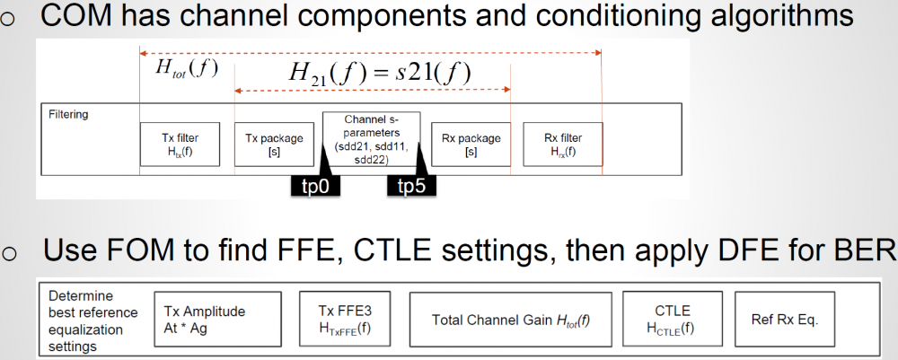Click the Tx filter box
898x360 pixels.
tap(180, 144)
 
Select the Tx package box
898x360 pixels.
tap(274, 144)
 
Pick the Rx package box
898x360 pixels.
tap(471, 144)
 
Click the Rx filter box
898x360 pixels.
tap(563, 144)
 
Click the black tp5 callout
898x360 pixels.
tap(410, 187)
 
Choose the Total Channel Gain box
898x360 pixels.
tap(510, 320)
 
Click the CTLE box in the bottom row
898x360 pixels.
tap(673, 319)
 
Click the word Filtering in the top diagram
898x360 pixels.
tap(69, 114)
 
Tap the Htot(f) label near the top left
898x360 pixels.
tap(187, 67)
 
